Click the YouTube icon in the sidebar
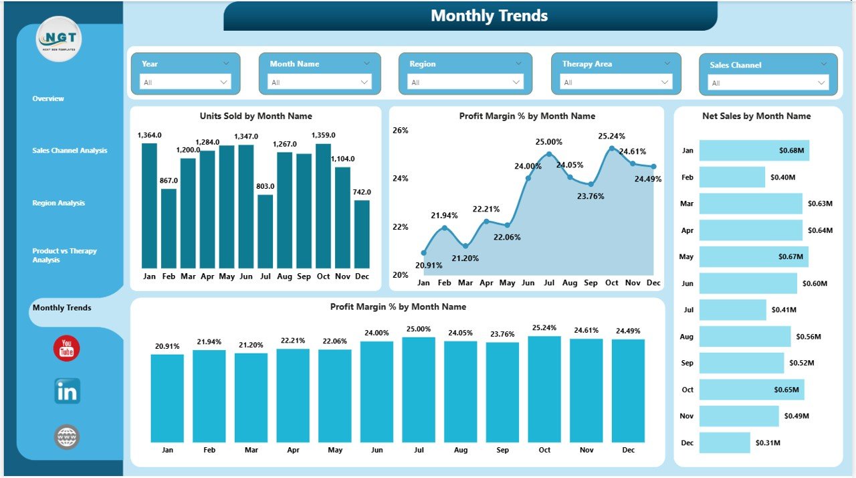(67, 349)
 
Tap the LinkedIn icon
(67, 392)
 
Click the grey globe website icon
(67, 436)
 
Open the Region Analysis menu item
(59, 203)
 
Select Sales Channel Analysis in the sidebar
(70, 151)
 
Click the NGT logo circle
(59, 39)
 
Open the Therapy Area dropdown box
(616, 82)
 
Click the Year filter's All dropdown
(185, 82)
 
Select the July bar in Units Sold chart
(265, 231)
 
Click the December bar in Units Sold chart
(362, 234)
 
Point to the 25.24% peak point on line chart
(611, 148)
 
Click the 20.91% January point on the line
(423, 253)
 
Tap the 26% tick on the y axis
(400, 130)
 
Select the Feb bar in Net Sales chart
(732, 177)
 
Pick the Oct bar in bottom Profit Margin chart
(544, 388)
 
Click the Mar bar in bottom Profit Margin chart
(251, 397)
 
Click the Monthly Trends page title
(489, 16)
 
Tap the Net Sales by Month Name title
(756, 116)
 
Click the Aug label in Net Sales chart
(687, 336)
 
